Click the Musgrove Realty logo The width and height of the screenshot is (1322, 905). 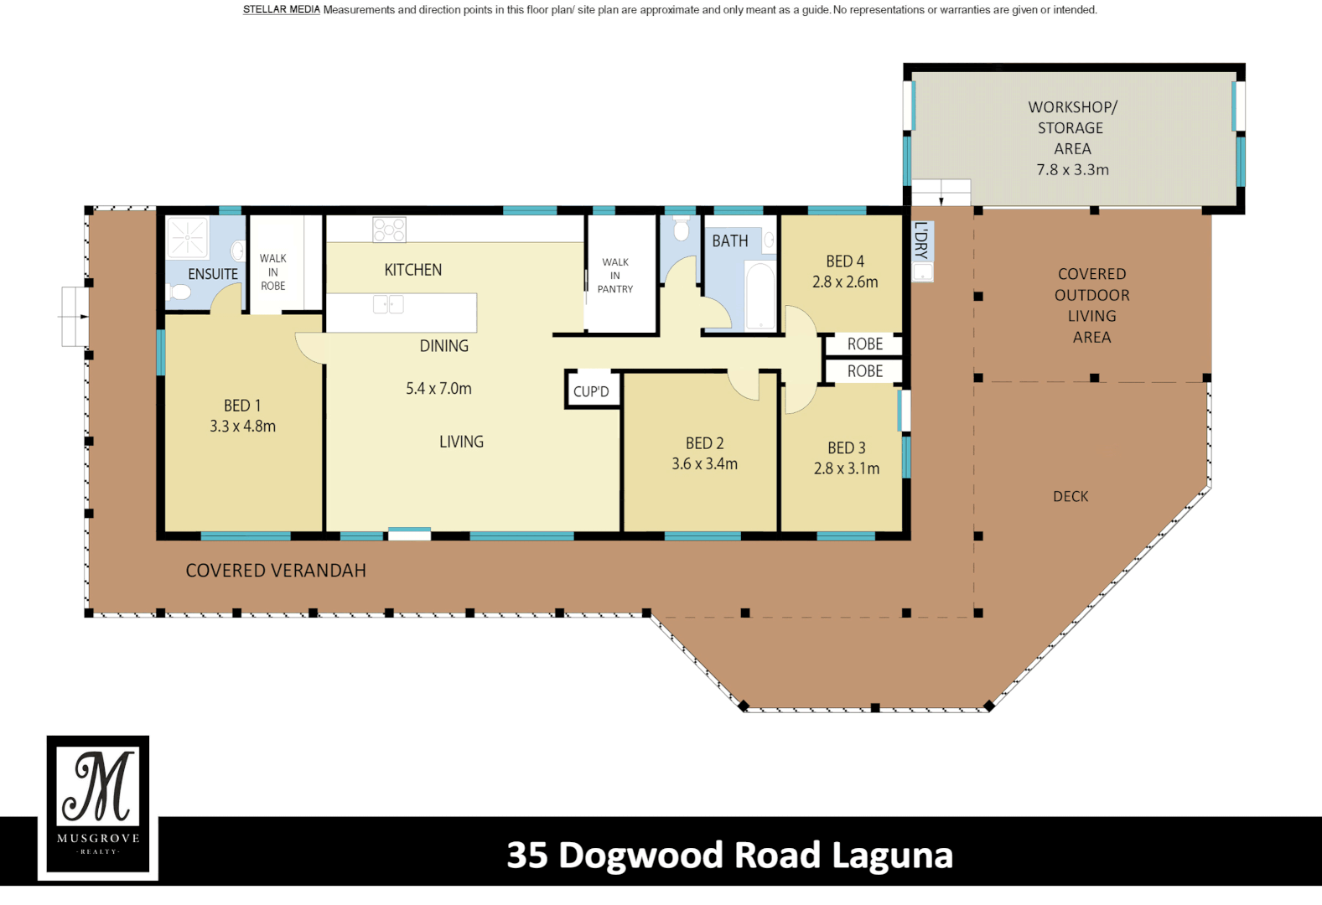[x=98, y=807]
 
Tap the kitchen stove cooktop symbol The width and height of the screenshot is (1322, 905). [x=390, y=230]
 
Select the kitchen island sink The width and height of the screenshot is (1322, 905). [x=387, y=303]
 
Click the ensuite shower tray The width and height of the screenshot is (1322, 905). [x=187, y=237]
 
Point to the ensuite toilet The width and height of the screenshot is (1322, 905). [x=179, y=292]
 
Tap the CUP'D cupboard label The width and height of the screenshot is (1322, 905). [x=591, y=391]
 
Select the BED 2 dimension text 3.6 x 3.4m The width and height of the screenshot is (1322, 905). [x=704, y=463]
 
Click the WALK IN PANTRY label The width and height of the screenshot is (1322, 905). [x=615, y=276]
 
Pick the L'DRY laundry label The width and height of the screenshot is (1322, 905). [x=921, y=240]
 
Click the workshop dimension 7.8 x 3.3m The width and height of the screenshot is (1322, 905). [x=1072, y=169]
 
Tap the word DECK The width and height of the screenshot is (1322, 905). [x=1071, y=496]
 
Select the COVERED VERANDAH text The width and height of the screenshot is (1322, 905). [x=276, y=571]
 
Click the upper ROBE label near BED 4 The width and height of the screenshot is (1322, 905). [x=864, y=344]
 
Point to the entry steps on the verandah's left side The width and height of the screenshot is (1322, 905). [x=75, y=317]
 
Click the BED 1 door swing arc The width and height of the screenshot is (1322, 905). [x=308, y=347]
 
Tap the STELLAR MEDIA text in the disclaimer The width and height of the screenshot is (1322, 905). [x=282, y=10]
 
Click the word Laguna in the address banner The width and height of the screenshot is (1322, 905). [x=892, y=856]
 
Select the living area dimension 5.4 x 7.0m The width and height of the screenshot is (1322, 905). [x=438, y=389]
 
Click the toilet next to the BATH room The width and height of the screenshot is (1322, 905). [x=682, y=229]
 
